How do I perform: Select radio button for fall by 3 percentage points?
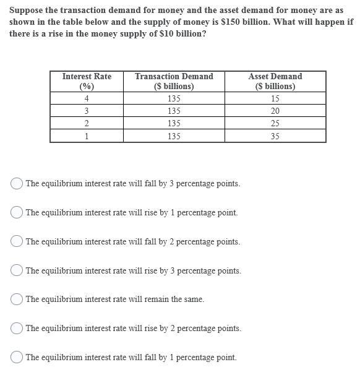coord(17,183)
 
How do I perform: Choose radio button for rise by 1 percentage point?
coord(17,212)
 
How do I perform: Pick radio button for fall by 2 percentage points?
coord(17,241)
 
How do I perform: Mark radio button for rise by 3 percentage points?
coord(17,270)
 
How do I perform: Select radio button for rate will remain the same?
coord(17,300)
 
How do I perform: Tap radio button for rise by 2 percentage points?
coord(17,329)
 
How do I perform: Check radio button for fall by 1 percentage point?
coord(17,357)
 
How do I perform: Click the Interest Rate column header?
coord(87,81)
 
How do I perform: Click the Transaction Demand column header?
coord(174,81)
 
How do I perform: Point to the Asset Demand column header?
coord(275,81)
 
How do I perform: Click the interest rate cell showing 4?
coord(87,98)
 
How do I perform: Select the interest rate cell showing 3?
coord(87,111)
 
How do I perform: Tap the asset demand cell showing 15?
coord(275,98)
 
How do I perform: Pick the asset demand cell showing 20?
coord(275,111)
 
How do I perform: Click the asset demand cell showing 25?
coord(275,123)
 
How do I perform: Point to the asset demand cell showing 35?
coord(275,136)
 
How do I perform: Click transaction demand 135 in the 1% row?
coord(174,136)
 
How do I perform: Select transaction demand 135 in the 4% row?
coord(174,98)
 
